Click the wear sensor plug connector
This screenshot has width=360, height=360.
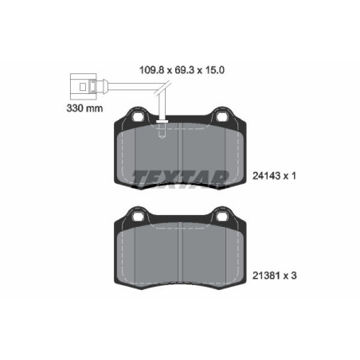[x=81, y=83]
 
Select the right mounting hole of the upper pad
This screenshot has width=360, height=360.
[x=222, y=116]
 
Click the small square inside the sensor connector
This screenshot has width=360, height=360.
[x=81, y=83]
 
